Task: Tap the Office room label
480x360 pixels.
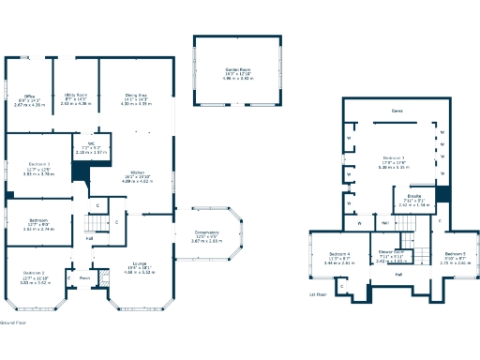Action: [30, 95]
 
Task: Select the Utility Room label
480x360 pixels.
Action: [76, 95]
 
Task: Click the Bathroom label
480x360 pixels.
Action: [37, 224]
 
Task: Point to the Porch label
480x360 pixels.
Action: [83, 277]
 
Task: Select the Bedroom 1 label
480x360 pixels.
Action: [394, 157]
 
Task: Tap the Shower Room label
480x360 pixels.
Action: [390, 251]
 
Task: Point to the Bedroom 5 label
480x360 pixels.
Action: [455, 254]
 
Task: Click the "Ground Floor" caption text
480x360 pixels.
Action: [13, 321]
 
